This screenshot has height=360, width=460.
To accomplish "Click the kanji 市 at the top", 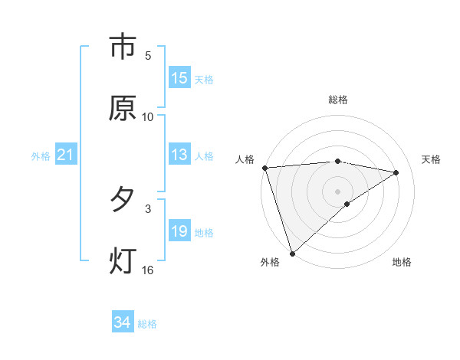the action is [123, 47].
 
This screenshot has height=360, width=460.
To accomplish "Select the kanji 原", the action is [123, 108].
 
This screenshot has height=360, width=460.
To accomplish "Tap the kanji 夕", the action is [123, 200].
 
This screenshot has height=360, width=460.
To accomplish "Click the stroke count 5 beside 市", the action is [148, 56].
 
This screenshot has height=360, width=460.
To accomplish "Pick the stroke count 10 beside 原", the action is [148, 116].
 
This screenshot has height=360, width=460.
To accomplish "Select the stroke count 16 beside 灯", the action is [148, 270].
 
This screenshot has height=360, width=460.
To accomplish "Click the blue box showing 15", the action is [179, 78].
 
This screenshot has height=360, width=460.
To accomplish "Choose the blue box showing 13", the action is [179, 155].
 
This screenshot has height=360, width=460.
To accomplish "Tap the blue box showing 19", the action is [179, 231].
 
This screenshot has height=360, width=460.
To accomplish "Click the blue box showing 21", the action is [66, 155].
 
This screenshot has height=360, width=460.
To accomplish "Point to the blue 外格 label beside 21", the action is [41, 156].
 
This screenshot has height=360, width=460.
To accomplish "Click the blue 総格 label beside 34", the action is [147, 324].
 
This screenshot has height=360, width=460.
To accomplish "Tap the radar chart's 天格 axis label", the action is [431, 159].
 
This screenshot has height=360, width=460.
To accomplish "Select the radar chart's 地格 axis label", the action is [402, 262].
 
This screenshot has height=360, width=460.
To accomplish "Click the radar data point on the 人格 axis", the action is [264, 168].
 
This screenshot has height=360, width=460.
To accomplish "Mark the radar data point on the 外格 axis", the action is [292, 252].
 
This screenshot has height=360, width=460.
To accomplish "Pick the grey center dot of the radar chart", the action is [337, 190].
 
